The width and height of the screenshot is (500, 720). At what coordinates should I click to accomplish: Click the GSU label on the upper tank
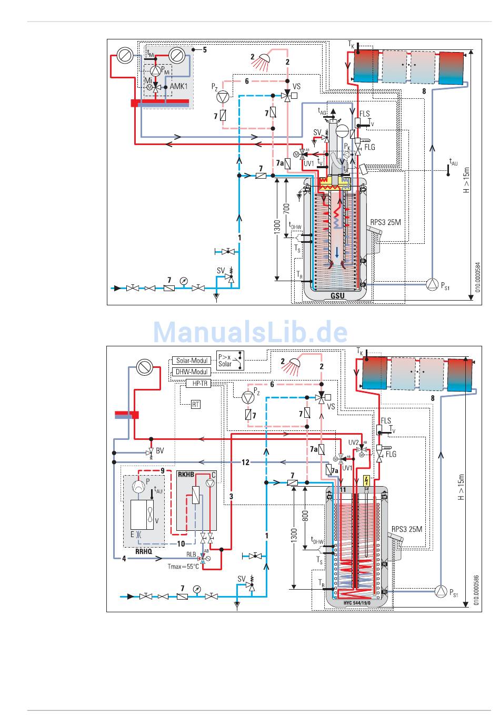[337, 295]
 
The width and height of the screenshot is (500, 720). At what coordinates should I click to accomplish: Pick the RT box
[196, 404]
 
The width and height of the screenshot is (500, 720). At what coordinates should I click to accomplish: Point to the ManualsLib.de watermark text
[251, 332]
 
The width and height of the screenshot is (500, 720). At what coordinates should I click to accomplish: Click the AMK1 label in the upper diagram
[178, 86]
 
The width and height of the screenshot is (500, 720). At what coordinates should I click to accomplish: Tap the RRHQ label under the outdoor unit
[143, 552]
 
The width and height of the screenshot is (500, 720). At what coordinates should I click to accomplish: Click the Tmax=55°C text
[183, 567]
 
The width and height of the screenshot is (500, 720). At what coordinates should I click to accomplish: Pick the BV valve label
[159, 451]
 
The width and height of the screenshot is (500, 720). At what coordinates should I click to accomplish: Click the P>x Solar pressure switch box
[231, 359]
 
